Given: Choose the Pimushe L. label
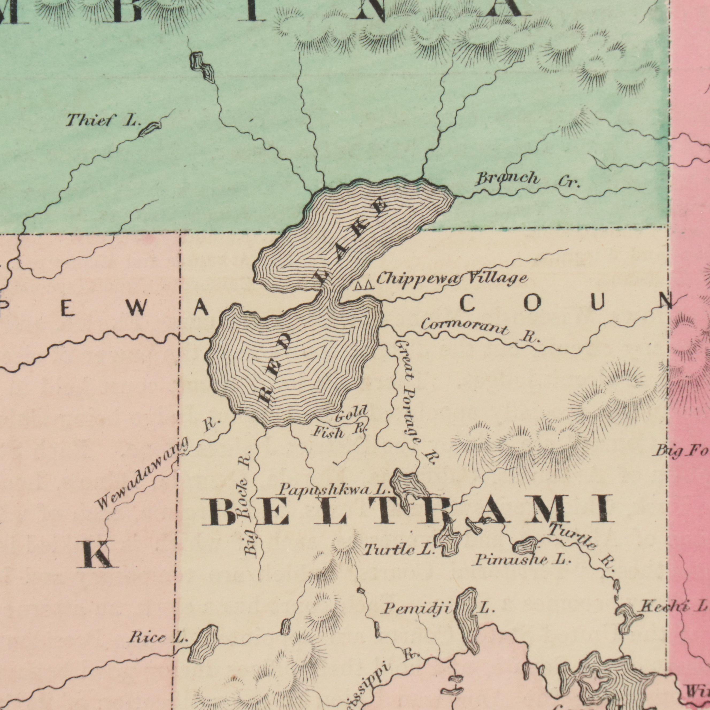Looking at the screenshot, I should [x=523, y=560].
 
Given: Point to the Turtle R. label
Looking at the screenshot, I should [x=582, y=546].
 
